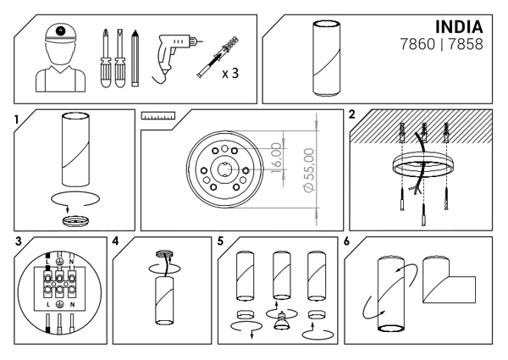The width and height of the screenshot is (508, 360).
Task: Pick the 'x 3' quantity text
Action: [x=230, y=73]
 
